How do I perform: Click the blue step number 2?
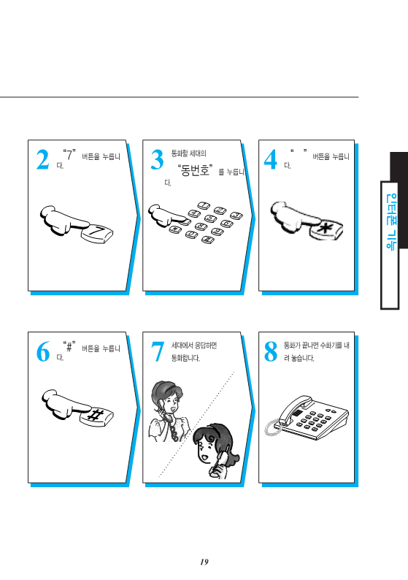tap(42, 160)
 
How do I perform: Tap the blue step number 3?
tap(157, 160)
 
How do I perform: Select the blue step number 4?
tap(271, 160)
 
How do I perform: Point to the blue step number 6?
tap(42, 351)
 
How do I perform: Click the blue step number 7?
tap(158, 351)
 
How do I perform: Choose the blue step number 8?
tap(271, 351)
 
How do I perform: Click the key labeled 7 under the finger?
tap(97, 234)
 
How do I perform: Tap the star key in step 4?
tap(326, 230)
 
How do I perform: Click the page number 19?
tap(204, 562)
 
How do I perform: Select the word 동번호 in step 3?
tap(194, 170)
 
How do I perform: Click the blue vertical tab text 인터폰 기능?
tap(390, 222)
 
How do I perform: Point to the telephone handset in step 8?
tap(295, 409)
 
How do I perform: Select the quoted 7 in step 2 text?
tap(69, 155)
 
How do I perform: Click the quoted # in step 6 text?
tap(69, 346)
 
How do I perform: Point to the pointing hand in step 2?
tap(63, 221)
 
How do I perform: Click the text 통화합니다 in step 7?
tap(185, 358)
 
